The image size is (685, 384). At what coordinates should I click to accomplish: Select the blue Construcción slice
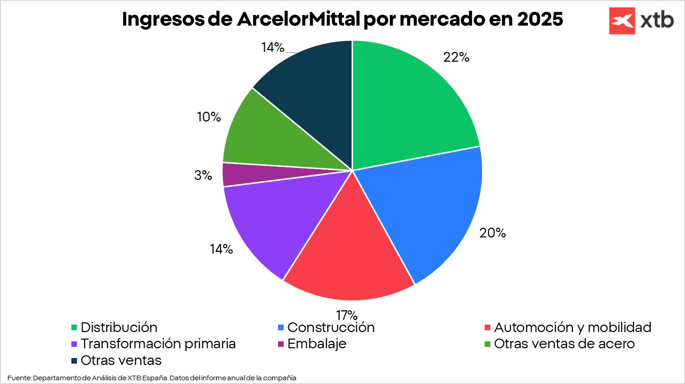point(428,214)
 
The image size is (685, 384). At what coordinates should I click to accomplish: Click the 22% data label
point(456,57)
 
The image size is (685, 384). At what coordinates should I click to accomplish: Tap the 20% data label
point(493,233)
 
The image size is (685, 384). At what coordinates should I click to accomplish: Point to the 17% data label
point(347,315)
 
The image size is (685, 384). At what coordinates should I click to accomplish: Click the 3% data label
point(203,175)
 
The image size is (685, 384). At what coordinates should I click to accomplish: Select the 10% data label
point(209,117)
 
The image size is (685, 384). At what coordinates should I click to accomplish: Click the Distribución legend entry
point(114,327)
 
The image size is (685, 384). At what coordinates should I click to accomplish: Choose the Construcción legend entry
point(326,327)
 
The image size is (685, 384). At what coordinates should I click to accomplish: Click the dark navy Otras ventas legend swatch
point(74,361)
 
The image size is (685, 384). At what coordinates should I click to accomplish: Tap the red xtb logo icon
point(622,21)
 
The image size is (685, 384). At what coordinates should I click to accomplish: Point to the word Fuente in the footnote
point(19,378)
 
